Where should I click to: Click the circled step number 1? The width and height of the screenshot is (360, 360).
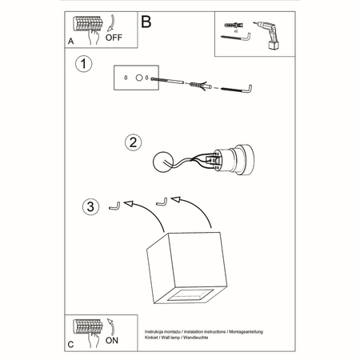81,62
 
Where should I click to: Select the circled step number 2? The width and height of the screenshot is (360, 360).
134,142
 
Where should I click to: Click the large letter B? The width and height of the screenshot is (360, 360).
146,22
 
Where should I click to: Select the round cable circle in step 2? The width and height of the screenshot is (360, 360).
165,161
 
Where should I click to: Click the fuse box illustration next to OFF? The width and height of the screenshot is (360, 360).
87,26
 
